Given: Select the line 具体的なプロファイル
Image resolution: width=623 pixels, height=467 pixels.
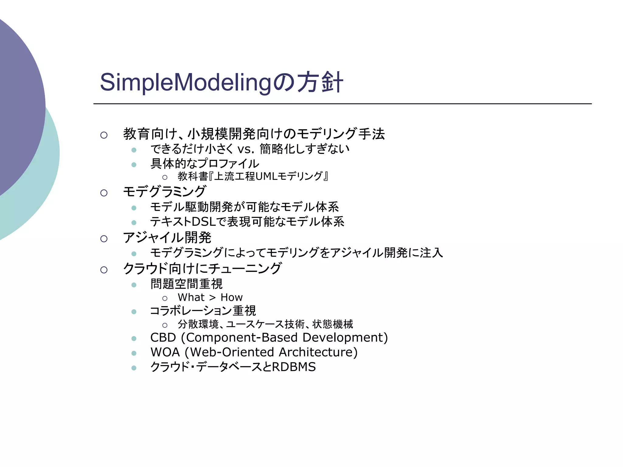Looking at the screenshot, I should [205, 164].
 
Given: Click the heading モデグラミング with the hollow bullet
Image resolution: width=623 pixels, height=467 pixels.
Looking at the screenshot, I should [165, 192].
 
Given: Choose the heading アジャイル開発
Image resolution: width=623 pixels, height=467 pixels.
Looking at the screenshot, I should [167, 238].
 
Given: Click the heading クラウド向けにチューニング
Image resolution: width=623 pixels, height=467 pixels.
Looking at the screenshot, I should [202, 269].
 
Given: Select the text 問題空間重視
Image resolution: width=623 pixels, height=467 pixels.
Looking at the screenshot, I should [186, 284].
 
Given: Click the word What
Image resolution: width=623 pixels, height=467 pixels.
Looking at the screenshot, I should [191, 297].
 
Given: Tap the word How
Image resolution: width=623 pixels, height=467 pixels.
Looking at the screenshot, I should [231, 297].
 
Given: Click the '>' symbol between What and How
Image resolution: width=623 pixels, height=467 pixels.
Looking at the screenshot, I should [212, 298].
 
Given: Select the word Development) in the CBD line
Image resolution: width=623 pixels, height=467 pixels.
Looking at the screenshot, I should [345, 337].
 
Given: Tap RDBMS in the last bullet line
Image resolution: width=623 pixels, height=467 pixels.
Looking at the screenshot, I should [294, 367].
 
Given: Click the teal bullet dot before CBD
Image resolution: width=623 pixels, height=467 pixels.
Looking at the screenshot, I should [134, 338].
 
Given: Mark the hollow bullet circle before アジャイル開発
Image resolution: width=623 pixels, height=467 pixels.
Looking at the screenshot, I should [104, 239].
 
